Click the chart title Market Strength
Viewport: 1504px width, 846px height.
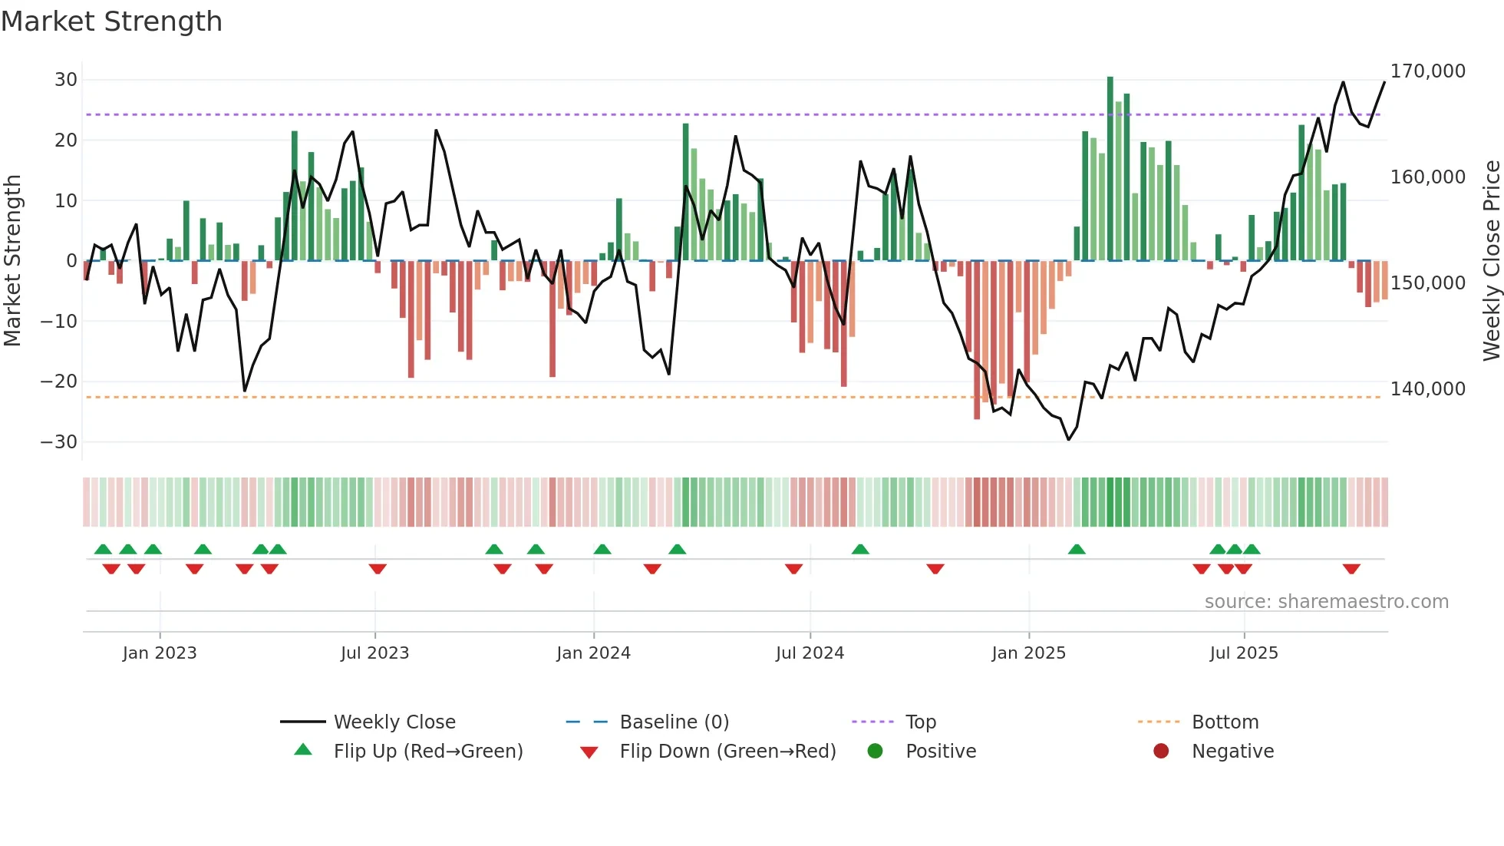coord(111,21)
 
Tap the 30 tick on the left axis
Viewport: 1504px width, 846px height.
coord(66,80)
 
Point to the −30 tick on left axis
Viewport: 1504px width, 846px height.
coord(59,442)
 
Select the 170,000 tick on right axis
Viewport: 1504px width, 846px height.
coord(1427,71)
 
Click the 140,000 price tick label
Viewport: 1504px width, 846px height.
coord(1427,389)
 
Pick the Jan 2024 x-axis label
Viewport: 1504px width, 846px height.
coord(593,653)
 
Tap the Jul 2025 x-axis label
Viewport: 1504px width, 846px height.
coord(1244,653)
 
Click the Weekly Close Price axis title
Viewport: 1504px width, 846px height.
coord(1491,261)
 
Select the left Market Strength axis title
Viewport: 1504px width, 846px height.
coord(12,261)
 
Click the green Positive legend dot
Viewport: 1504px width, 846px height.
coord(875,751)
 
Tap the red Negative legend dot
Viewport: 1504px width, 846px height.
coord(1161,751)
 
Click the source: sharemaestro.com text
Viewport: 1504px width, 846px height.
coord(1326,602)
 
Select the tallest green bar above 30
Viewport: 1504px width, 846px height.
coord(1110,169)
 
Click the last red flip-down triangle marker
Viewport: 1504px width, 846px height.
coord(1351,569)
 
